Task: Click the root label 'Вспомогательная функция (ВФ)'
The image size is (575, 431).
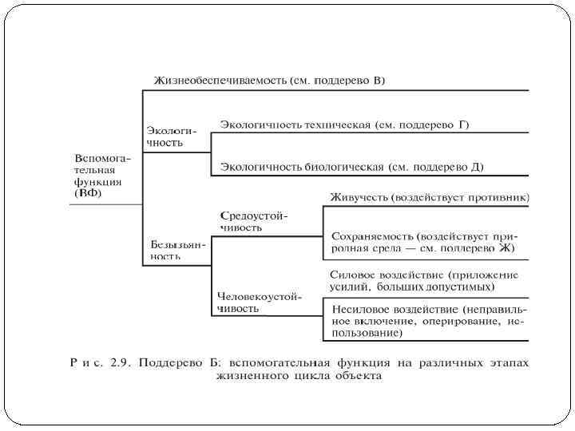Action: point(102,175)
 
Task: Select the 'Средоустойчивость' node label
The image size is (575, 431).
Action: point(253,221)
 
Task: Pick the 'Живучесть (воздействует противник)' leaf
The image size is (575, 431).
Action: point(429,196)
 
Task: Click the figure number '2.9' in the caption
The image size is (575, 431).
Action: point(120,363)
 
